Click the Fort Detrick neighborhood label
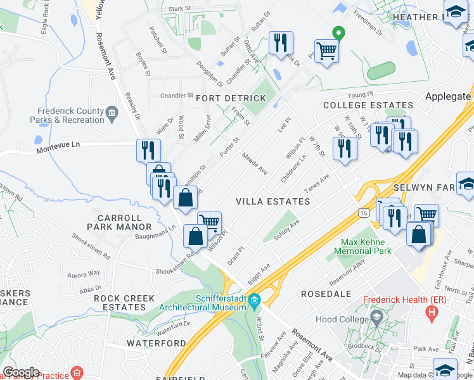coord(231,98)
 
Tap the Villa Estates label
coord(272,201)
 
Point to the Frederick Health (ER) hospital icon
coord(433,311)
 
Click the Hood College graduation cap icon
coord(376,317)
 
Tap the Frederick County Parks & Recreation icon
coord(112,114)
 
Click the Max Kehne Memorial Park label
coord(366,246)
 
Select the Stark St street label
coord(180,8)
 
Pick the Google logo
coord(21,372)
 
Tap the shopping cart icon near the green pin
coord(326,51)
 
